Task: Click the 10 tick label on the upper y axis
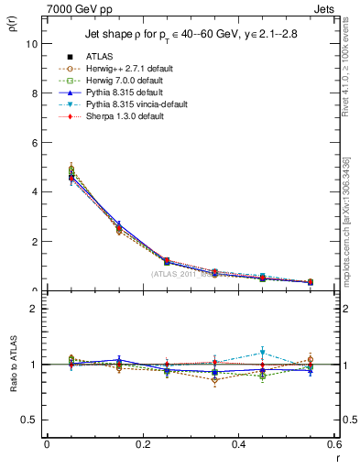(30, 43)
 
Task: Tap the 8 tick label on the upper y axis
(33, 93)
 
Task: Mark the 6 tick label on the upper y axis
(33, 143)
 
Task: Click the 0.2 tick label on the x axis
(142, 444)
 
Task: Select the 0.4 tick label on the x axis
(238, 444)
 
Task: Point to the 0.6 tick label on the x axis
(333, 444)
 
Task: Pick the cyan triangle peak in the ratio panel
(262, 352)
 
